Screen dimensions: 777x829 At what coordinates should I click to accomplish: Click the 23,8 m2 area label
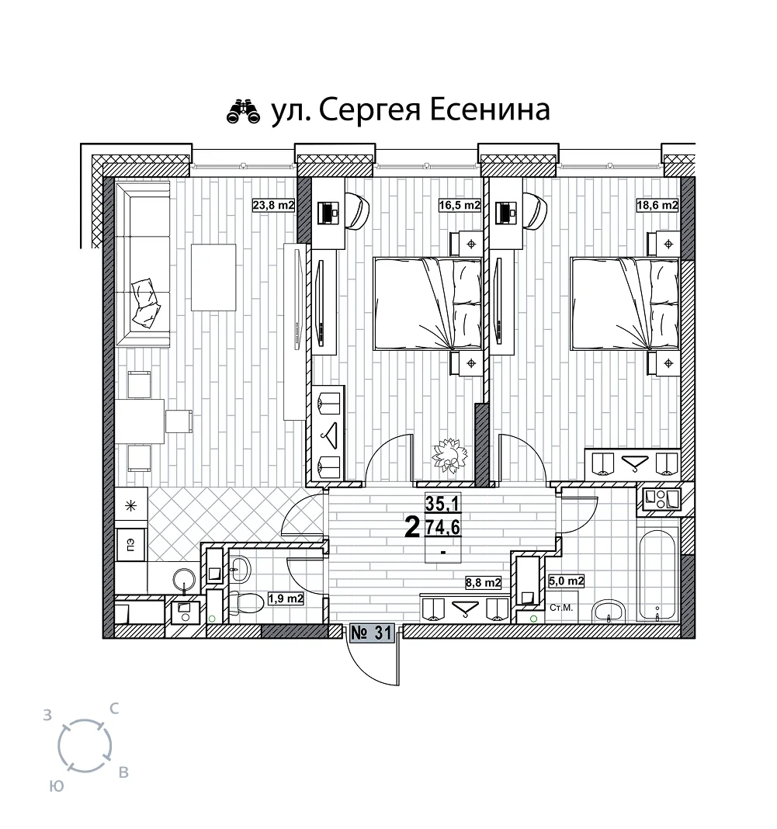273,205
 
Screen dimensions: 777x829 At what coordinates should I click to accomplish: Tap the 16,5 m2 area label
460,205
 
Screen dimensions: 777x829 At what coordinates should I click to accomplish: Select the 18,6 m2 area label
657,205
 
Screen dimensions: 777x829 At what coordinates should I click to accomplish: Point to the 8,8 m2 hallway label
483,583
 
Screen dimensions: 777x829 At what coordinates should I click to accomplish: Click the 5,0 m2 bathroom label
566,581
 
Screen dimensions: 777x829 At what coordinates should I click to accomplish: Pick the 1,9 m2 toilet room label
286,598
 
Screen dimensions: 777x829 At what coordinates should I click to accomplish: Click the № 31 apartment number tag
371,633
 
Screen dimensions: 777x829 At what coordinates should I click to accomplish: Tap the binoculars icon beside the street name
244,112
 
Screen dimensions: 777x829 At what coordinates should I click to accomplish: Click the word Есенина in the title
489,110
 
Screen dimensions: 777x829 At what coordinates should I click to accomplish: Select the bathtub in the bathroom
657,575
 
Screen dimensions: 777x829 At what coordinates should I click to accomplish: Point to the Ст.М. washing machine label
560,608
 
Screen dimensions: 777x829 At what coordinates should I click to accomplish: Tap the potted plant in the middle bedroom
449,454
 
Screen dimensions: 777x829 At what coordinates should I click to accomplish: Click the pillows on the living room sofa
145,302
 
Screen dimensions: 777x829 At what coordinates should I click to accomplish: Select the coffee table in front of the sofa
213,277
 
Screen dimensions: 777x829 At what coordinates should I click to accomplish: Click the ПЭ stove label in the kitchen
130,545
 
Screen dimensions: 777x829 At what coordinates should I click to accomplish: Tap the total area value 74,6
443,527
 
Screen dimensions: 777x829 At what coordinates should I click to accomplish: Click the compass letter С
114,709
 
